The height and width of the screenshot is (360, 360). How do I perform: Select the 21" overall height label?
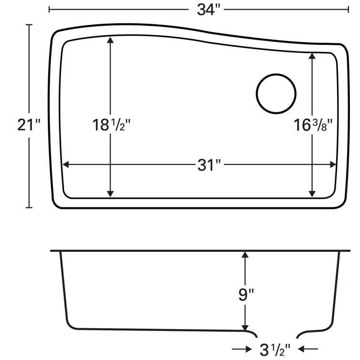29,125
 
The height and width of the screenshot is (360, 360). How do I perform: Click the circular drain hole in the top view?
277,94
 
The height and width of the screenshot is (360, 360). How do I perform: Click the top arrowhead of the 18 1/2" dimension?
111,41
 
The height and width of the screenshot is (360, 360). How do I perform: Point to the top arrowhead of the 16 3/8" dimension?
312,56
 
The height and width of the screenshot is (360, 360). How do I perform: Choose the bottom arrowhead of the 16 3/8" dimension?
312,193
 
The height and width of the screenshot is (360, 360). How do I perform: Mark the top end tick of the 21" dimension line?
30,24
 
